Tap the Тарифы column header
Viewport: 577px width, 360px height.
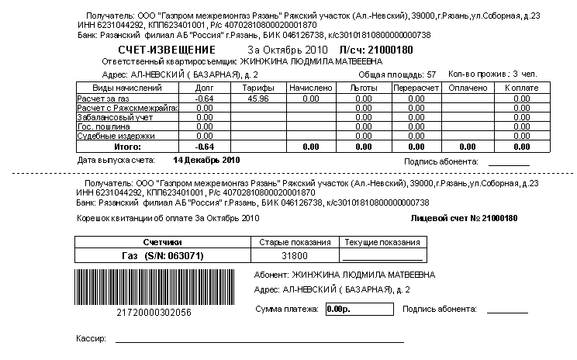pyautogui.click(x=254, y=88)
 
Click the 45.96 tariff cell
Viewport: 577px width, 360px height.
pyautogui.click(x=254, y=99)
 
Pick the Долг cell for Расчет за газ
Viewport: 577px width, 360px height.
pyautogui.click(x=205, y=99)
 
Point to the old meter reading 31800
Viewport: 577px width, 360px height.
pyautogui.click(x=294, y=254)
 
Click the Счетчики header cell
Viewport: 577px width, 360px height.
pyautogui.click(x=162, y=242)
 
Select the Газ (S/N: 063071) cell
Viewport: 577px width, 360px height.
pyautogui.click(x=162, y=254)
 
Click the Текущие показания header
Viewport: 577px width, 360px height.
pyautogui.click(x=382, y=242)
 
